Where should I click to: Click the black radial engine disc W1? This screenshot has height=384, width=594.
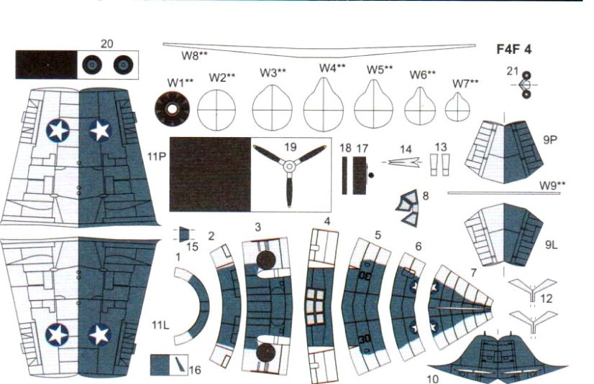173,111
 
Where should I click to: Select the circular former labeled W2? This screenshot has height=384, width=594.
216,111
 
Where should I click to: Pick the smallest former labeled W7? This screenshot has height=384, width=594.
456,109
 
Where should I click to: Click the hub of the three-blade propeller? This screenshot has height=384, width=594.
288,167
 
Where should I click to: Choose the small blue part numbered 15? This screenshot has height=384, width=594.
185,234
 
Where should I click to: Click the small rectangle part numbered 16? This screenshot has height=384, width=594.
168,364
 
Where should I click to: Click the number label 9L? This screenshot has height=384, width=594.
551,245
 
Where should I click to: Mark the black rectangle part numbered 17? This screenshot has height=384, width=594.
360,174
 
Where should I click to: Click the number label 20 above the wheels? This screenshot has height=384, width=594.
106,44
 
